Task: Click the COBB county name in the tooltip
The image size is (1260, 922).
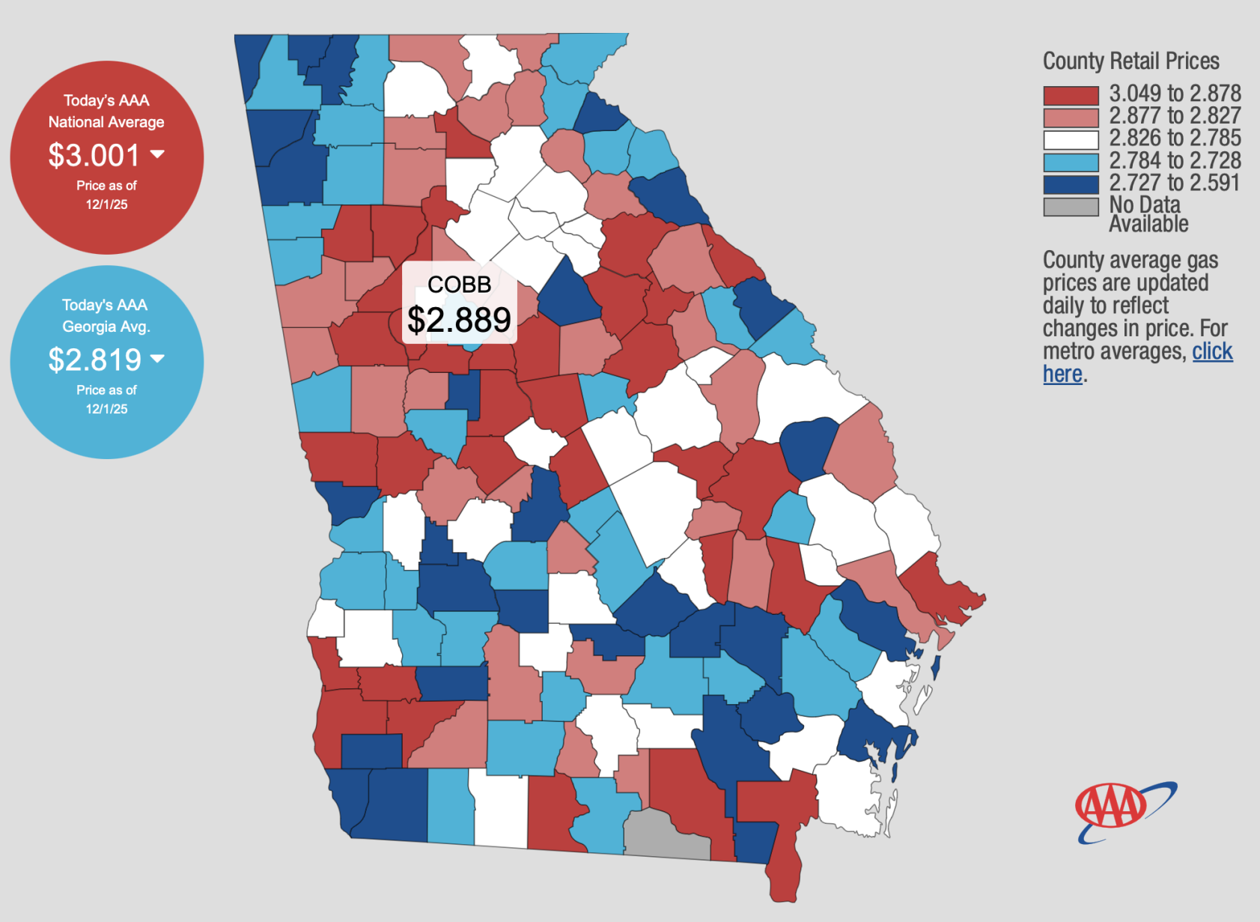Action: click(459, 285)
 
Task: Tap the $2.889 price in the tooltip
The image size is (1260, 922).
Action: click(459, 321)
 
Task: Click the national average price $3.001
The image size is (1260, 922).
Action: click(94, 156)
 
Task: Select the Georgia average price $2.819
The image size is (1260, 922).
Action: click(94, 360)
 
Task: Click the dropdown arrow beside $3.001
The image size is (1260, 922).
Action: click(157, 154)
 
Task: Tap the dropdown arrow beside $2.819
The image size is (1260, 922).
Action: click(157, 359)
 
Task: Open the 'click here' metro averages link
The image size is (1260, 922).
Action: click(1212, 351)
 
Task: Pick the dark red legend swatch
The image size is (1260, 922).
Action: click(1071, 95)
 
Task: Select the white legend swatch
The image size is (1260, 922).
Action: click(1071, 140)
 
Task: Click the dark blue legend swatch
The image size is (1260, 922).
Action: click(1071, 184)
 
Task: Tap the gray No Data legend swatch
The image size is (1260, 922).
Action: click(1071, 207)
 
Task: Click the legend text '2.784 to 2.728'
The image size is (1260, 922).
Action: click(1175, 160)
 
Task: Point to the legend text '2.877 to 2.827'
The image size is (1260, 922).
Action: click(1175, 116)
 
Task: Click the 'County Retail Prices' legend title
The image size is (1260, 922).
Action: click(1130, 61)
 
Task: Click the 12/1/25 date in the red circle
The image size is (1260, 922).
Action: click(106, 204)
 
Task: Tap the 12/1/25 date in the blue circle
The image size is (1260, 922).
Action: click(106, 409)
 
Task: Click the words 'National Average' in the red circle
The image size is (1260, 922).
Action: click(106, 122)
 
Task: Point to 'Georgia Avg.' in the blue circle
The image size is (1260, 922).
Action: click(106, 327)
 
